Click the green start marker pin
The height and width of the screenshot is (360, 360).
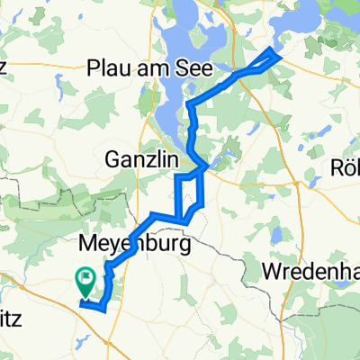click(87, 283)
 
